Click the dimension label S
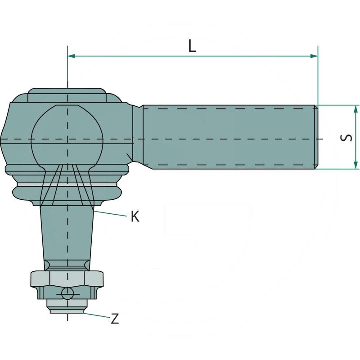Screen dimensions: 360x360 coord(346,138)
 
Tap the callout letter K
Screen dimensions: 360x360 coord(135,216)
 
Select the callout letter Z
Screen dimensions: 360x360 coord(115,319)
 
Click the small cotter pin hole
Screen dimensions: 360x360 coord(67,294)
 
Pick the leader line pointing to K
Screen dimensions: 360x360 coord(110,213)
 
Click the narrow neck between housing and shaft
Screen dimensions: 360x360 coord(137,135)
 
